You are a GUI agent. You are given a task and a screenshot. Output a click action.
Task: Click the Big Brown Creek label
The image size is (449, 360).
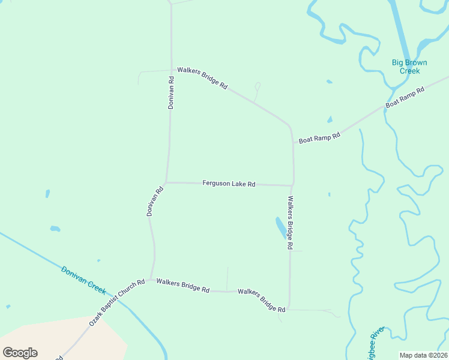click(410, 66)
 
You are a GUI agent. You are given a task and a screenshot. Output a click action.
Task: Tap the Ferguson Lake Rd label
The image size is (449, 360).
click(229, 184)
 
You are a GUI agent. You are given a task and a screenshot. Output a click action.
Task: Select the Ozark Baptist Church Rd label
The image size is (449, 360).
click(117, 302)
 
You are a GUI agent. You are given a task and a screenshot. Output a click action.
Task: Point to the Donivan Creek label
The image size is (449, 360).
click(83, 280)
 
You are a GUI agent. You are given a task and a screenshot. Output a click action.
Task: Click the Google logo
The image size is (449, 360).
click(20, 353)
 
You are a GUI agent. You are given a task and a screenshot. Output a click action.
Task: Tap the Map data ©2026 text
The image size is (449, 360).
click(424, 355)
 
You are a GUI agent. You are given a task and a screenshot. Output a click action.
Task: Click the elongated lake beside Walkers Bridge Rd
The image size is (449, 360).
click(281, 227)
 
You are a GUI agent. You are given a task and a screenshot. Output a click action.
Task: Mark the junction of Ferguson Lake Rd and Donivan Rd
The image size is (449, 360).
click(166, 182)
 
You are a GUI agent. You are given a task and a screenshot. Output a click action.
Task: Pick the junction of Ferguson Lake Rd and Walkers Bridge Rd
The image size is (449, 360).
click(293, 185)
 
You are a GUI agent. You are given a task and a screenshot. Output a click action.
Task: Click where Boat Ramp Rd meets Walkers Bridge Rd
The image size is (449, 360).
click(292, 143)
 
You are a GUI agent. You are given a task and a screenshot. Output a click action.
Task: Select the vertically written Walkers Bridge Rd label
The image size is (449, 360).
click(290, 223)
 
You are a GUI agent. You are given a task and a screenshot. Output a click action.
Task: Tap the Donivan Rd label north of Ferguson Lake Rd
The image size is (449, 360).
click(171, 92)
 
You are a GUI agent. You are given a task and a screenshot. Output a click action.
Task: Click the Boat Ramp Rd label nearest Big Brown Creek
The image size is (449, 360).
click(405, 97)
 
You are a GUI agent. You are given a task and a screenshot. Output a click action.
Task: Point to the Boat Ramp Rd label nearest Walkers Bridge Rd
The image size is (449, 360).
click(319, 137)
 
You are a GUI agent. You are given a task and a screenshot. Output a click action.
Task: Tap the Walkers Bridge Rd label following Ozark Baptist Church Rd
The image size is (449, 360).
click(182, 285)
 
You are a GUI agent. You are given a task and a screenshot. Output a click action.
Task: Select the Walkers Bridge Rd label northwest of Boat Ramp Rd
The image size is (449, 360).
click(202, 78)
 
